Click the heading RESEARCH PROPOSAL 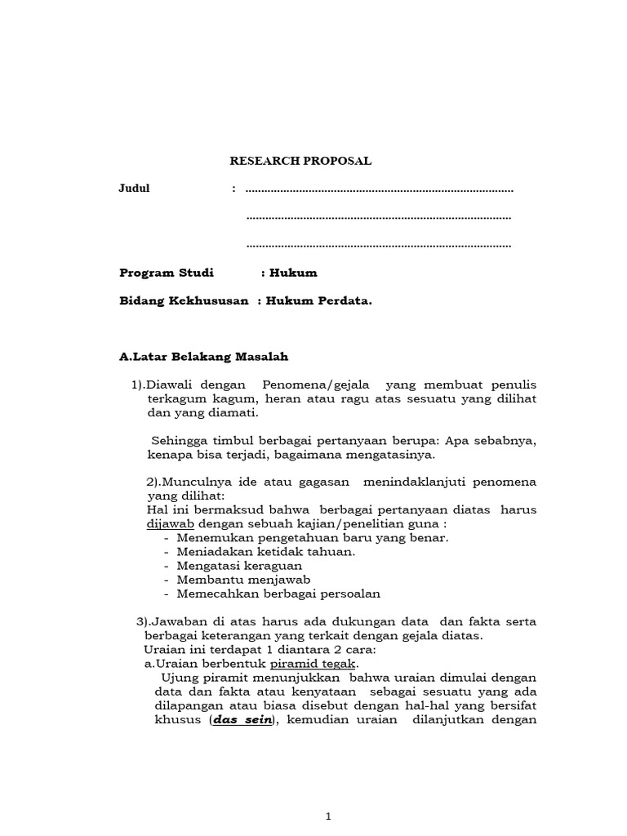(300, 161)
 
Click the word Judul (135, 189)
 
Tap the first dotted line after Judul (379, 190)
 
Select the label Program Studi (167, 273)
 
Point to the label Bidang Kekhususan (184, 300)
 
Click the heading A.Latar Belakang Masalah (203, 357)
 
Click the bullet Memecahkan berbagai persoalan (278, 594)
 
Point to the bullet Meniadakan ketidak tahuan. (265, 551)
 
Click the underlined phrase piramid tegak (314, 664)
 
